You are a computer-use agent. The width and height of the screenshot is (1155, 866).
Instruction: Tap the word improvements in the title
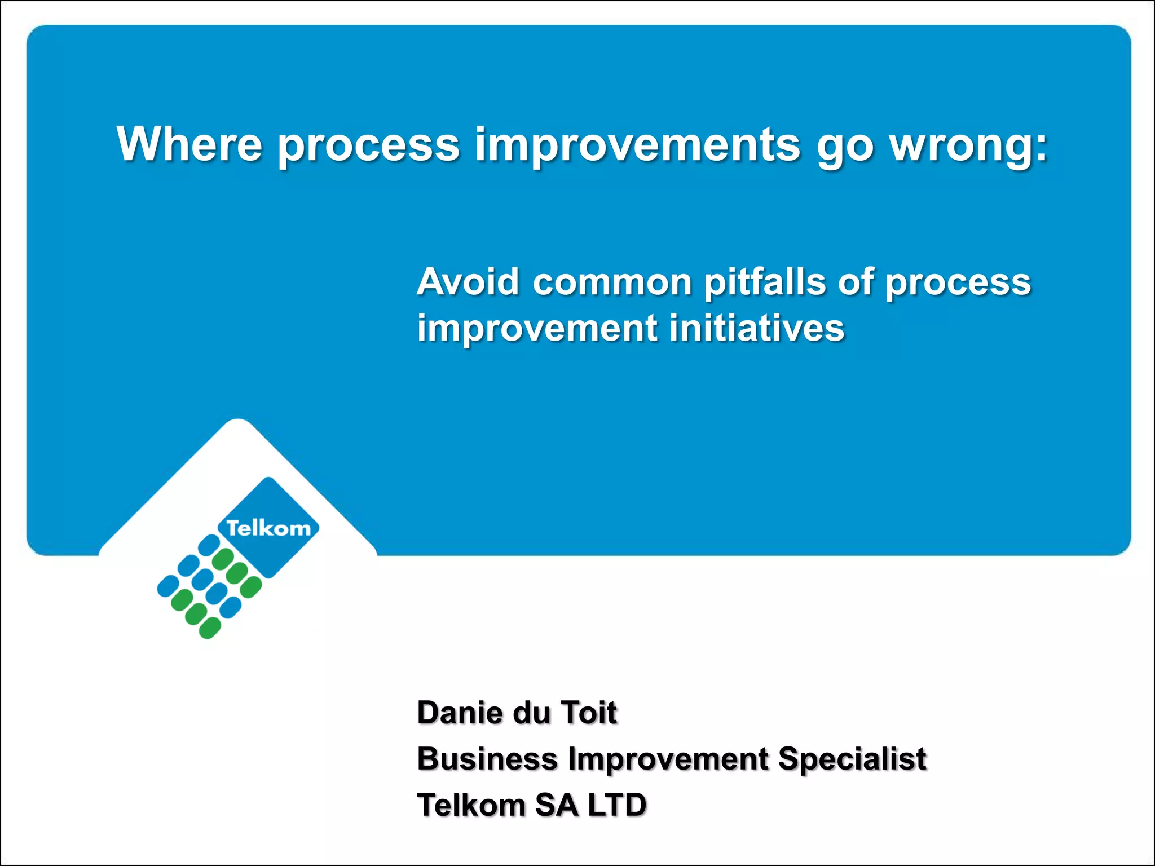637,145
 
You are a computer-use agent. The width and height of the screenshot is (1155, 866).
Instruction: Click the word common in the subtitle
612,282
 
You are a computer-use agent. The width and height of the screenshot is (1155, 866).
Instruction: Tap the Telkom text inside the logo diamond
268,529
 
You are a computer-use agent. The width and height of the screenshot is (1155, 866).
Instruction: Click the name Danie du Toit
517,713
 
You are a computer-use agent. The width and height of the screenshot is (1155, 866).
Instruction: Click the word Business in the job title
487,759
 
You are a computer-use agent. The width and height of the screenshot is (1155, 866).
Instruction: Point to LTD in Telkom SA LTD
617,805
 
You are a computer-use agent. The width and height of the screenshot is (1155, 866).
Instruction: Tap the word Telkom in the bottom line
471,805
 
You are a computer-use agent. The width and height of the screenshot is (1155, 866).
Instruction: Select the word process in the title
369,147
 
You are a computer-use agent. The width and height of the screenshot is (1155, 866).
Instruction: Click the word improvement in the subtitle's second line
537,328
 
